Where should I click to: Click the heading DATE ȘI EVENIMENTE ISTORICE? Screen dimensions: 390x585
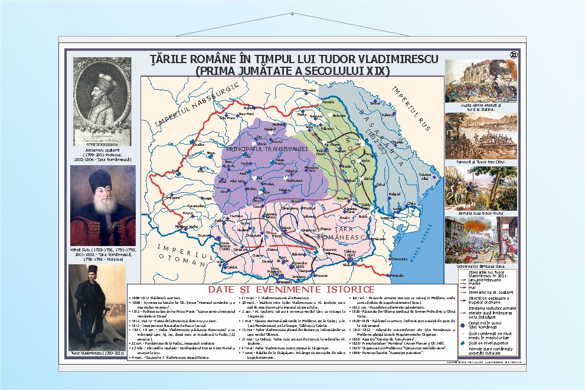pos(292,289)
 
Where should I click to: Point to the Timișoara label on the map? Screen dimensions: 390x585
pos(172,198)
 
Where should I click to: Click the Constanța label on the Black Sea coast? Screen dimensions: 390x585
pos(400,259)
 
